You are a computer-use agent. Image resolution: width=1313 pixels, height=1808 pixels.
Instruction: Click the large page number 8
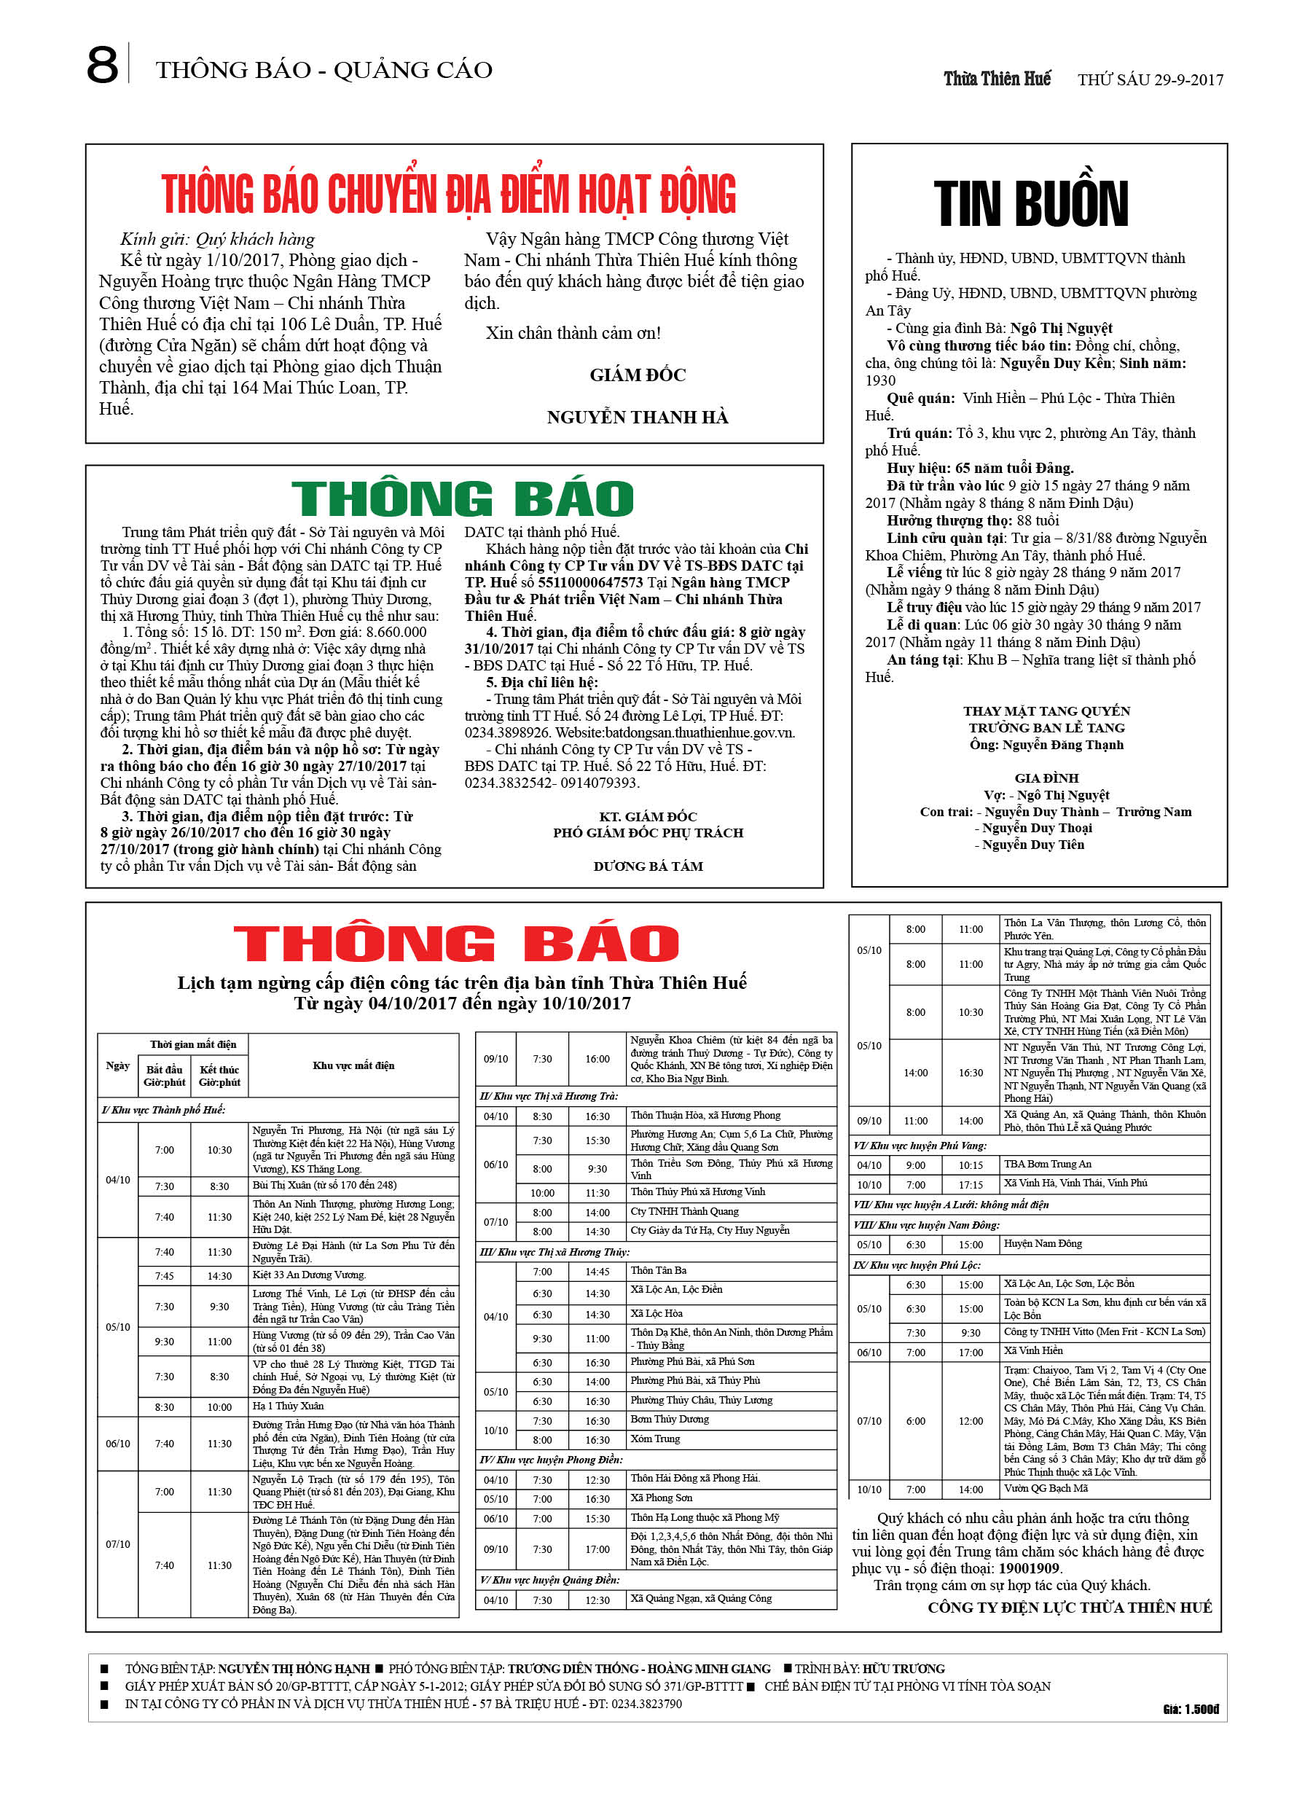(x=102, y=66)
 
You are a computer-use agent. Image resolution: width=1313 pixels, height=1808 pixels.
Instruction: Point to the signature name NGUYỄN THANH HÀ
(x=637, y=417)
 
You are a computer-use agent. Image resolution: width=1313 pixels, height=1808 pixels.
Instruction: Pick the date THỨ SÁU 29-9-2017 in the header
(x=1150, y=79)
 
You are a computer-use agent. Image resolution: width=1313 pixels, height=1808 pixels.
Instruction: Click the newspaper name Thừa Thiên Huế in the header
(x=997, y=79)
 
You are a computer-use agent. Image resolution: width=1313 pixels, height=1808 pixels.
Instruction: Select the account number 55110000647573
(x=590, y=582)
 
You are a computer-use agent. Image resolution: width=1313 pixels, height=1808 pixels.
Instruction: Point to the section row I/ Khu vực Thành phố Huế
(x=163, y=1110)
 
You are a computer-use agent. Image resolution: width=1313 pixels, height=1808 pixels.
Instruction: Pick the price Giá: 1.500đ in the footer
(x=1191, y=1708)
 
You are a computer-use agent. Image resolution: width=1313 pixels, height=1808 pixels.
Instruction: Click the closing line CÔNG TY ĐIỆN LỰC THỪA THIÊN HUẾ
(x=1069, y=1607)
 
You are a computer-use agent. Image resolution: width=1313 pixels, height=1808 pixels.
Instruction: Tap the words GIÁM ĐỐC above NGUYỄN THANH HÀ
(x=637, y=375)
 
